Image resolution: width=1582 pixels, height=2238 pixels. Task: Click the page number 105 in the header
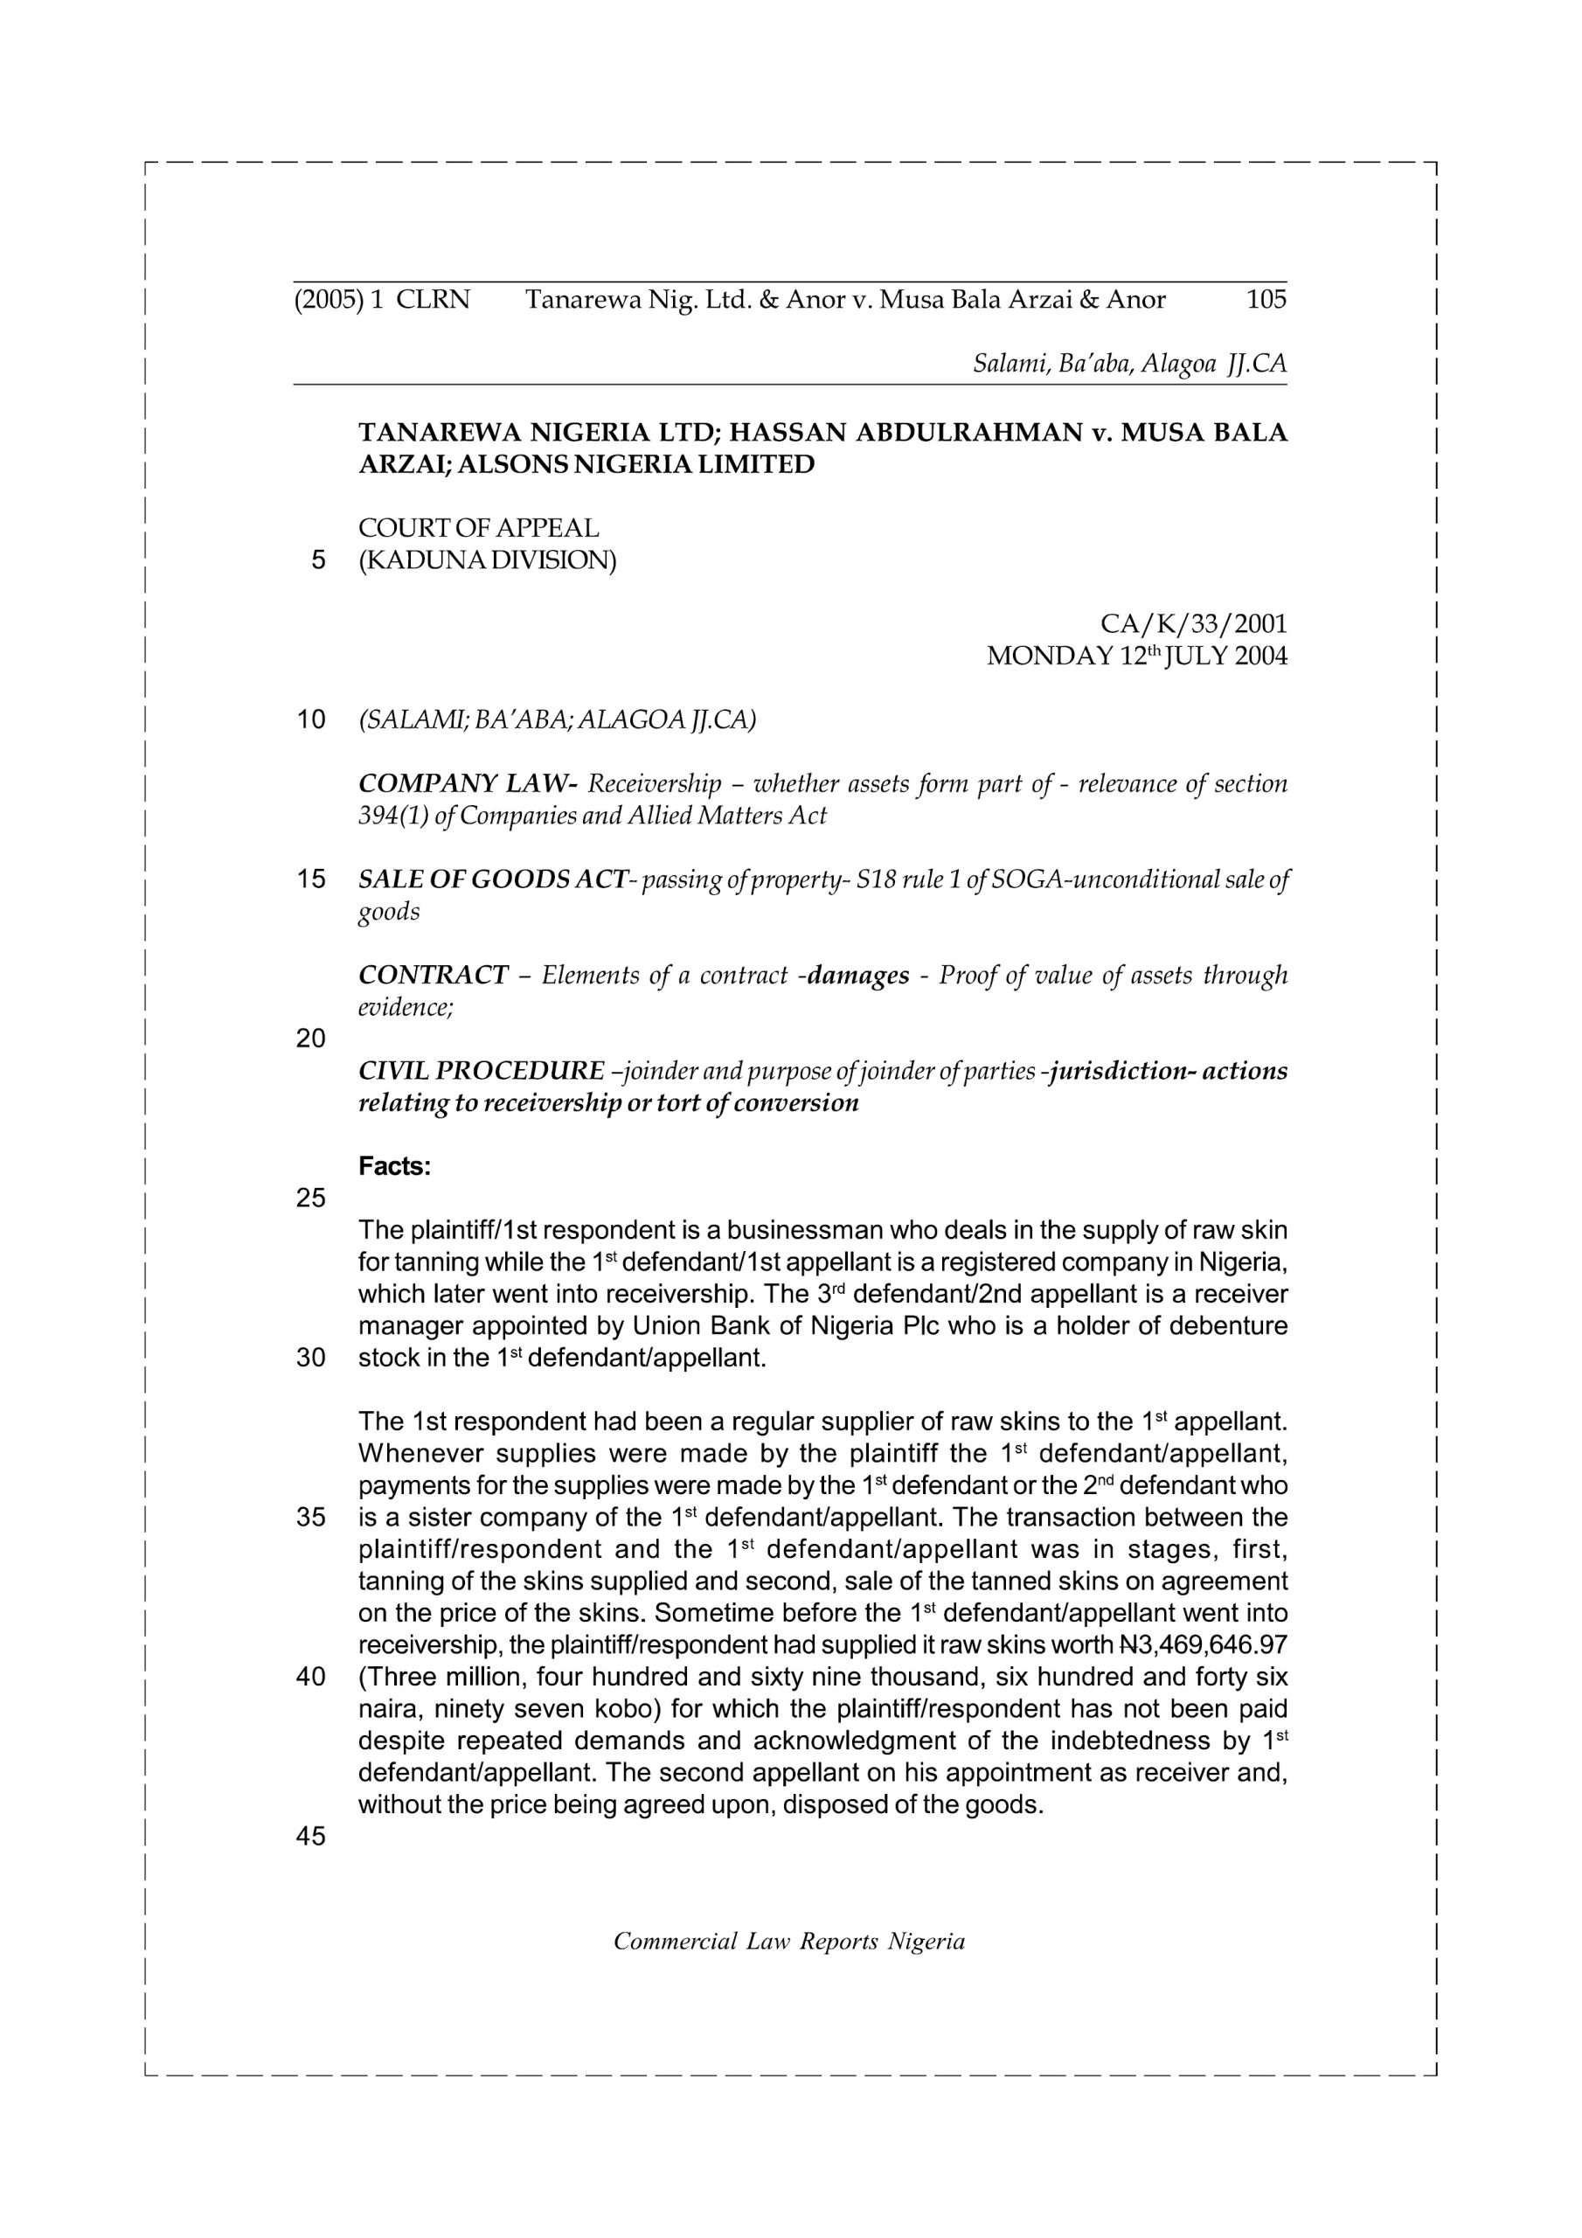point(1266,299)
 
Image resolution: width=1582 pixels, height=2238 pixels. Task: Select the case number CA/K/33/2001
point(1193,624)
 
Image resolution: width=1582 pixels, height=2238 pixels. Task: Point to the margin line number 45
point(310,1837)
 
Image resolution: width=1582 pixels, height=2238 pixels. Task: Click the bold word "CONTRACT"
point(434,975)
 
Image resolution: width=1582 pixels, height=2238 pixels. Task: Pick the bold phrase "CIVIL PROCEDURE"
point(482,1071)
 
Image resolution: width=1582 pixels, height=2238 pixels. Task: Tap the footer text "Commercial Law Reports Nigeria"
point(788,1942)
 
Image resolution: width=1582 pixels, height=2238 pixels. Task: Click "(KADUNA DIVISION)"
point(488,561)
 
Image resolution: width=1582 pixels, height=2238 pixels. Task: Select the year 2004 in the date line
point(1260,656)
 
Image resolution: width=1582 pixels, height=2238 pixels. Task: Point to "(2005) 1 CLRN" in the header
point(382,299)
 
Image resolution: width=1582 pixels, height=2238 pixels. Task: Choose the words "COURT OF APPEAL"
point(479,528)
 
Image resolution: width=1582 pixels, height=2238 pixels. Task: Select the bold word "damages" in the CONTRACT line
point(857,975)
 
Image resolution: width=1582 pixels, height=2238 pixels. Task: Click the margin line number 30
point(310,1358)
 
